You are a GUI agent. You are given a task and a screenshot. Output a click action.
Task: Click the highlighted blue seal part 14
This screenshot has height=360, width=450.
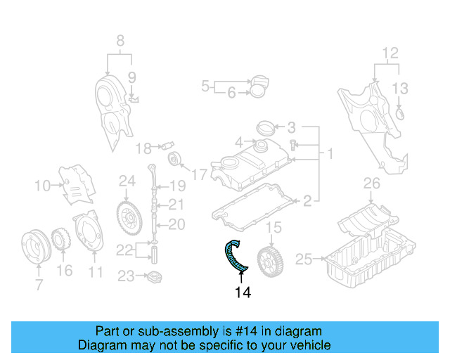(234, 257)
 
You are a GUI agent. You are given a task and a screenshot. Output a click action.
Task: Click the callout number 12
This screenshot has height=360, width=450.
(390, 52)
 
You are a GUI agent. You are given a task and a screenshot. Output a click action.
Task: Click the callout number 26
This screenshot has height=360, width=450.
(371, 185)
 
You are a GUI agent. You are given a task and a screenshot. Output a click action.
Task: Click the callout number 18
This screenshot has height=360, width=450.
(143, 148)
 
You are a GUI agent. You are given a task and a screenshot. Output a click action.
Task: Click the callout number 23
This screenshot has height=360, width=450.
(125, 276)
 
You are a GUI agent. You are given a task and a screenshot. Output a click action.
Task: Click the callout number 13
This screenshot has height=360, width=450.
(400, 88)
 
